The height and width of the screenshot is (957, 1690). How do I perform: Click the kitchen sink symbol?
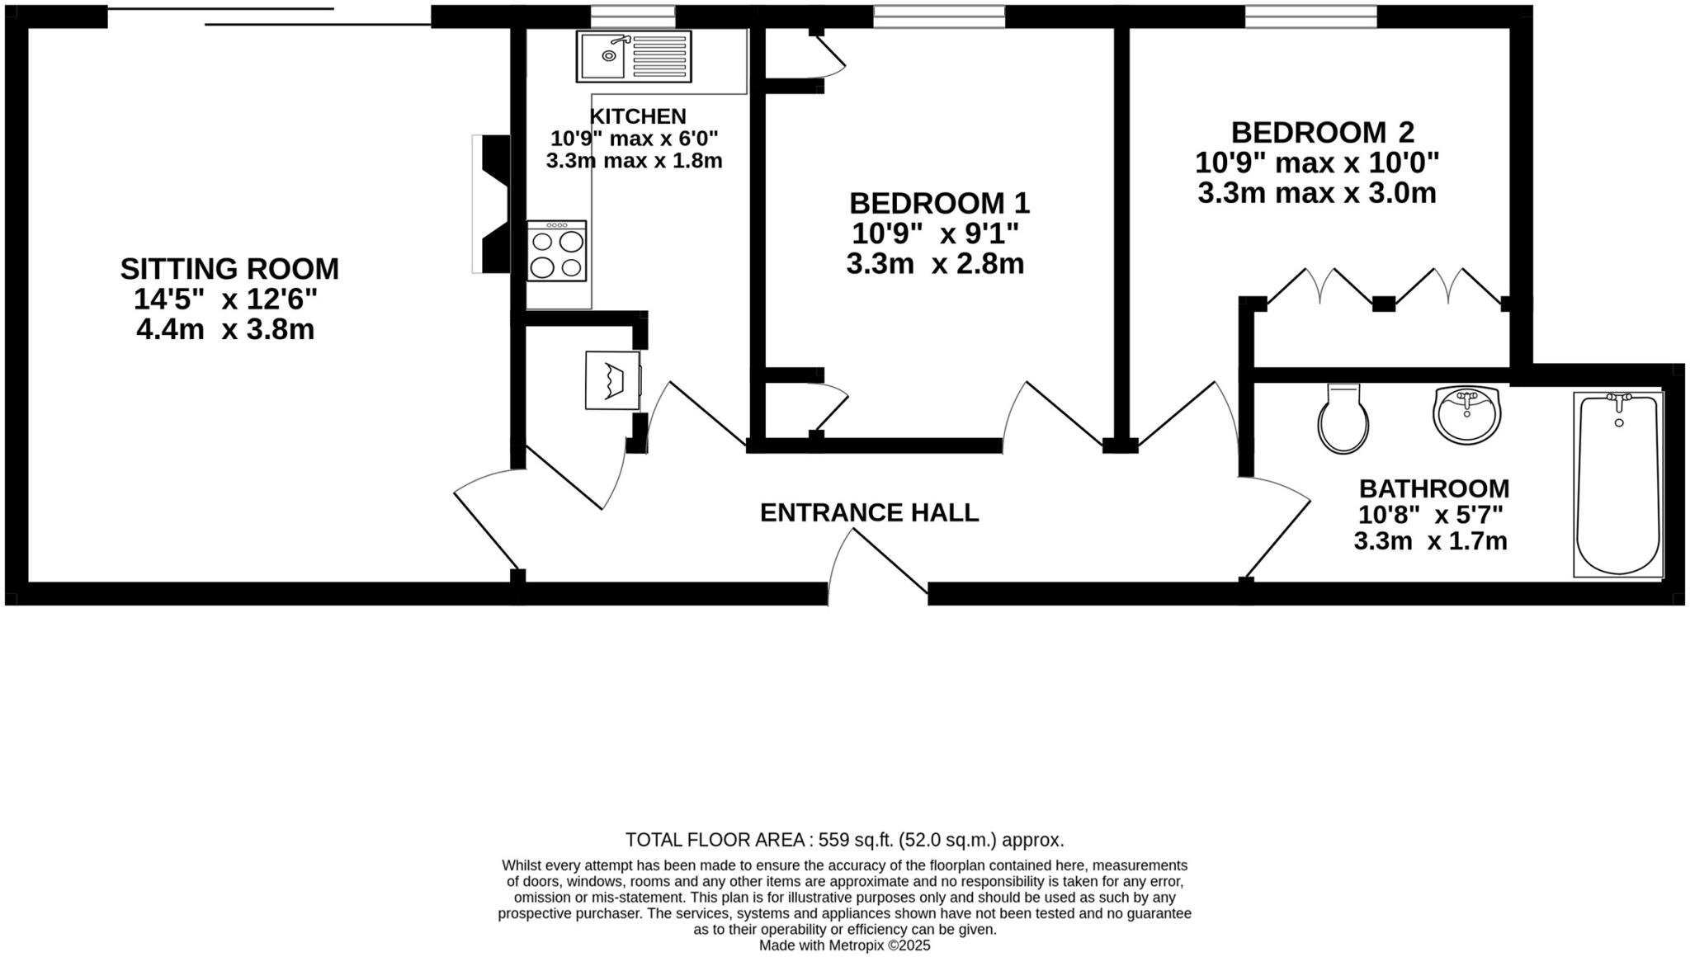tap(633, 56)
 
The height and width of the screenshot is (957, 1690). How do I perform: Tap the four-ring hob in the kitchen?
tap(557, 252)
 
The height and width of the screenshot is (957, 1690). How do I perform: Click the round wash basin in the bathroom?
tap(1466, 414)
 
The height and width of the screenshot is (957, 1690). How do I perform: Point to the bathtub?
tap(1617, 484)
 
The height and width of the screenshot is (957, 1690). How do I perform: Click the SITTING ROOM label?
tap(229, 269)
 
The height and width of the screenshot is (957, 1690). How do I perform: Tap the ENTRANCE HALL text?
tap(869, 512)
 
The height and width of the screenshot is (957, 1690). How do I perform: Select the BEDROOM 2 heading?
tap(1322, 133)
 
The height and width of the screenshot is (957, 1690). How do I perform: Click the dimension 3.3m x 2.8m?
tap(935, 264)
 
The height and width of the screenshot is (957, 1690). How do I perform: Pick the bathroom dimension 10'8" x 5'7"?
tap(1430, 515)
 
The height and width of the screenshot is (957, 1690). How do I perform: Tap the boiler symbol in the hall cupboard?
tap(613, 380)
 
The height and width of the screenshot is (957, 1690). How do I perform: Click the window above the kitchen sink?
tap(632, 16)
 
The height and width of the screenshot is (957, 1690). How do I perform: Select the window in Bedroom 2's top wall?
tap(1310, 16)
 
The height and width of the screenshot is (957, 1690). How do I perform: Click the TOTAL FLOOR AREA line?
tap(844, 840)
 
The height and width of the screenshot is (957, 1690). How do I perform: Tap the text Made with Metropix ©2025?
tap(844, 945)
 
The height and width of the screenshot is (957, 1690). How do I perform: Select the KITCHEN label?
tap(637, 116)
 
